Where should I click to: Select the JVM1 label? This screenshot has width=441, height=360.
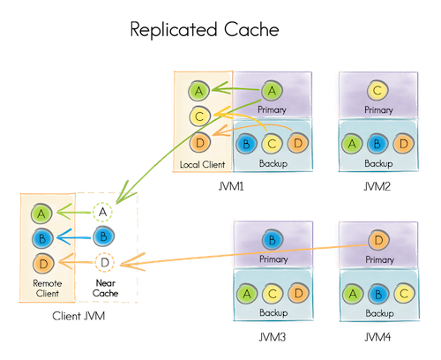231,186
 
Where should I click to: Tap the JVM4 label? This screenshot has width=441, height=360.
378,337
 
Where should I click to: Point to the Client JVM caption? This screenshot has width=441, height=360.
78,316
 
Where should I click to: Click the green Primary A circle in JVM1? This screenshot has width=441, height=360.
272,91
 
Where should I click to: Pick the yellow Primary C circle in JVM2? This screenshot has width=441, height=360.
377,90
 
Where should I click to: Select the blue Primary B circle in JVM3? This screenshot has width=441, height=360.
273,240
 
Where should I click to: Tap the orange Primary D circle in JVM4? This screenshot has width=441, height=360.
378,240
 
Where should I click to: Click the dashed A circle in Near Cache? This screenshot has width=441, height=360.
102,212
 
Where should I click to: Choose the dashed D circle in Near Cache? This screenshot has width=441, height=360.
105,262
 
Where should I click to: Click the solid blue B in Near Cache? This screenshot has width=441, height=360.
103,236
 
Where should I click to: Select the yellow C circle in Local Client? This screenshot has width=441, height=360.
199,116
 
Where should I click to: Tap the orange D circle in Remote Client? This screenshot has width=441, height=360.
43,264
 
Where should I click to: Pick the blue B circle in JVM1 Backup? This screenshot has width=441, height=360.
246,144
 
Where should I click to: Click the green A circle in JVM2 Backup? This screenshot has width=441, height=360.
352,144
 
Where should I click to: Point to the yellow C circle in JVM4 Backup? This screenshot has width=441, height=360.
404,293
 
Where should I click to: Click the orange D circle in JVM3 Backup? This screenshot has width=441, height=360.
298,293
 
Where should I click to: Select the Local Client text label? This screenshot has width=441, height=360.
203,164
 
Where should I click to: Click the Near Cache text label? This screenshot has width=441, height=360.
105,288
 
